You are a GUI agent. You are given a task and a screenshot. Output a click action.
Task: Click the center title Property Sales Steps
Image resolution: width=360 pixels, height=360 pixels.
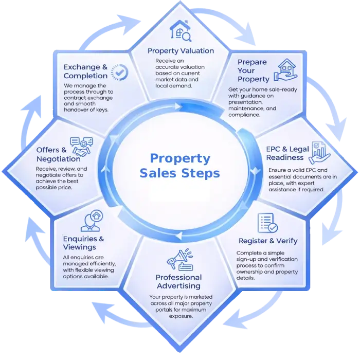pyautogui.click(x=179, y=166)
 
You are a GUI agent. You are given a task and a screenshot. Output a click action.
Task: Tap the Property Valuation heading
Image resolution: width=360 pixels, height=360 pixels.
pyautogui.click(x=181, y=51)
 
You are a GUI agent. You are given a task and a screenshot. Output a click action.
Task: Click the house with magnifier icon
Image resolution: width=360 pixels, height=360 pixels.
pyautogui.click(x=181, y=31)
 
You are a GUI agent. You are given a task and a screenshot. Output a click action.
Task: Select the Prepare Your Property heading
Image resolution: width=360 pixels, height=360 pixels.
pyautogui.click(x=253, y=70)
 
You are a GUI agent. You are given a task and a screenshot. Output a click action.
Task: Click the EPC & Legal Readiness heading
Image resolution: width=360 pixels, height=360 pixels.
pyautogui.click(x=288, y=153)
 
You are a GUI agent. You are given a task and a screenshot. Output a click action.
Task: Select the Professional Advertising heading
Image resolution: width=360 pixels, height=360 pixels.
pyautogui.click(x=178, y=281)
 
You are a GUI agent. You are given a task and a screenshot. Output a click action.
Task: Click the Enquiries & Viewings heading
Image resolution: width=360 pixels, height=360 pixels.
pyautogui.click(x=83, y=243)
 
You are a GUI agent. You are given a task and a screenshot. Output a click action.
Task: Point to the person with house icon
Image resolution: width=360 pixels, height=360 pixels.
pyautogui.click(x=91, y=221)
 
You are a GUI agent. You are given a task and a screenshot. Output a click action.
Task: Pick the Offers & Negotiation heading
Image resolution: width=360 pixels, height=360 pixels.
pyautogui.click(x=58, y=154)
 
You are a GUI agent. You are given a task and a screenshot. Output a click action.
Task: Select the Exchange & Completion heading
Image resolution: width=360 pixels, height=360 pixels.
pyautogui.click(x=85, y=71)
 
